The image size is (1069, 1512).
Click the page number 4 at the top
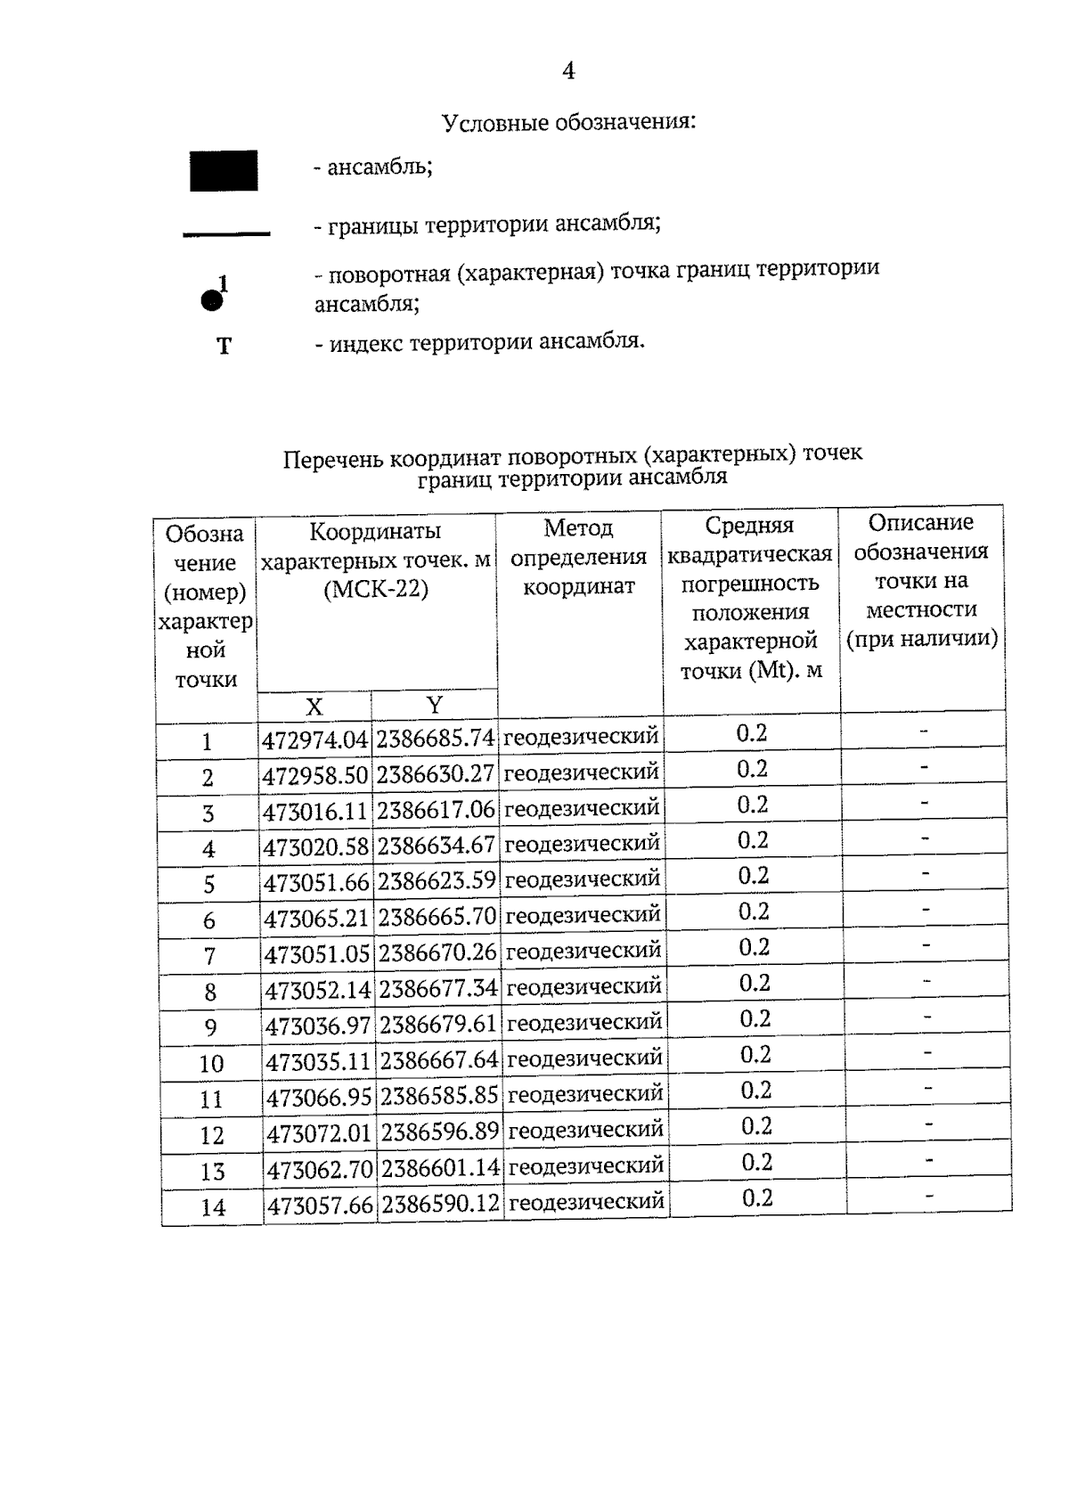[568, 71]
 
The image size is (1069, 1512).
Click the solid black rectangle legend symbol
[224, 171]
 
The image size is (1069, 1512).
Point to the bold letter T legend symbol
[224, 346]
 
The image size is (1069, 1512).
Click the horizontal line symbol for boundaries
[226, 234]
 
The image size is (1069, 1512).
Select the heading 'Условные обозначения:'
[568, 122]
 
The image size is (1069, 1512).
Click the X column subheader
[314, 707]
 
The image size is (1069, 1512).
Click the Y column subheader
[434, 705]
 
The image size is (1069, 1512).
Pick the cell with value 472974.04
[314, 740]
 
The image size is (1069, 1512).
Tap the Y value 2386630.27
[435, 774]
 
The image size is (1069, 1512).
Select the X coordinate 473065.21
[316, 917]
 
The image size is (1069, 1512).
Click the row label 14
[213, 1207]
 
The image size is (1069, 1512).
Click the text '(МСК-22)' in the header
[375, 590]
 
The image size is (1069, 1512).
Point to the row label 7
[209, 956]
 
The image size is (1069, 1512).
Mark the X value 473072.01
[319, 1133]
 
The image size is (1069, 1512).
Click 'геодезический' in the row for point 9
[584, 1023]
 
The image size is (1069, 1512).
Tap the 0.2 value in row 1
[751, 733]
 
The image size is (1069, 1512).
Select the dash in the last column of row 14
[929, 1196]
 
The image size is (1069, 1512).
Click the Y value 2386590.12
[440, 1205]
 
